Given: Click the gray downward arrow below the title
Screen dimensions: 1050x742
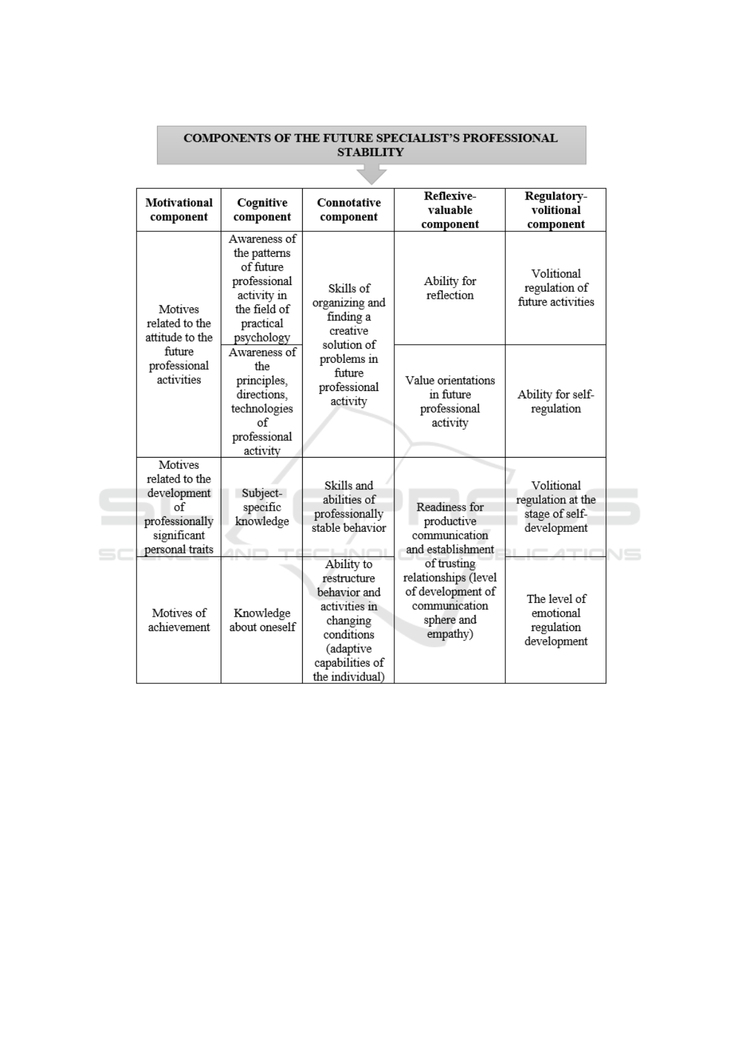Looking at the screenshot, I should point(371,175).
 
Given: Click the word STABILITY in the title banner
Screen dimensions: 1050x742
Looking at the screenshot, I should point(371,153).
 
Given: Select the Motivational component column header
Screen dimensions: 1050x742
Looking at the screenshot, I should point(179,210).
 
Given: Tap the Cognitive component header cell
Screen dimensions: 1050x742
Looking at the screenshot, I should point(262,210).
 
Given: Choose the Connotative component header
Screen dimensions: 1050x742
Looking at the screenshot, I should point(348,210).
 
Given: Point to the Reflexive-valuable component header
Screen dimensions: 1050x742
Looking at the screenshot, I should point(450,210).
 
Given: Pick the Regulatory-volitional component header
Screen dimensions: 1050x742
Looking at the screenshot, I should point(556,210).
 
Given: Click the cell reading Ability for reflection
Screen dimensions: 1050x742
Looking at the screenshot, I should point(450,288).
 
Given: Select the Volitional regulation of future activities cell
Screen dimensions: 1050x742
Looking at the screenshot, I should point(556,288).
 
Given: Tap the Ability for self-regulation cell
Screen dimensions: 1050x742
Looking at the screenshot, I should point(556,402).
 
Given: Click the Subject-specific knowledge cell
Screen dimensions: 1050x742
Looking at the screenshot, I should point(262,507).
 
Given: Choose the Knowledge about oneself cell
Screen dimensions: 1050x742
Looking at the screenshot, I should point(262,620).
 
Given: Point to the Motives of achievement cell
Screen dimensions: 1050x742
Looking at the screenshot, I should point(179,620).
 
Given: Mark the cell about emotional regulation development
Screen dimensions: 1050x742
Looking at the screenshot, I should point(556,620).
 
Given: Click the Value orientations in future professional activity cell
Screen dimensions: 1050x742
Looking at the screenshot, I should point(450,402).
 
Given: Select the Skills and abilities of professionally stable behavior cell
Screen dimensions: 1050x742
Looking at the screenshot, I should point(348,507).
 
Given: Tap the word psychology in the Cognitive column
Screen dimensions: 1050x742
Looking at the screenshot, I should point(262,338).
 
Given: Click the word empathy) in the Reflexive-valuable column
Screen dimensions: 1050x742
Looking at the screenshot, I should point(450,635).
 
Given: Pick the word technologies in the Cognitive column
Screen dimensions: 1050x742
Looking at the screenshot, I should point(262,409).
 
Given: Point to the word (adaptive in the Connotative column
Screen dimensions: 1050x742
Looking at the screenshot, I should point(348,649).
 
